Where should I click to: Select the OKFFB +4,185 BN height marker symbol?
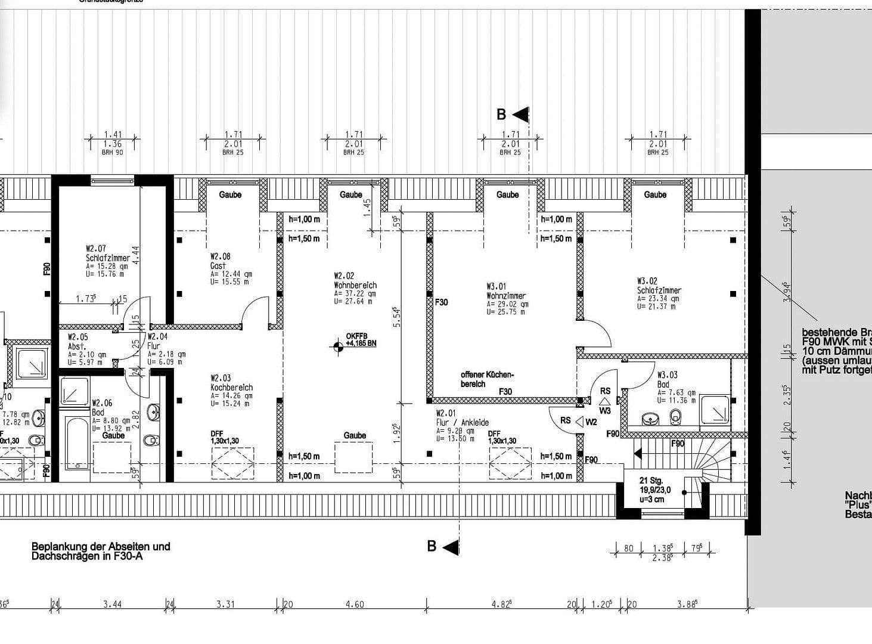339,345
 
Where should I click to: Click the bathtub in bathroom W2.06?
77,444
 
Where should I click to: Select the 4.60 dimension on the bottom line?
354,604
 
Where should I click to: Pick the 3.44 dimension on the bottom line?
112,604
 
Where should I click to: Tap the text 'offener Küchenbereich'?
486,379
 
